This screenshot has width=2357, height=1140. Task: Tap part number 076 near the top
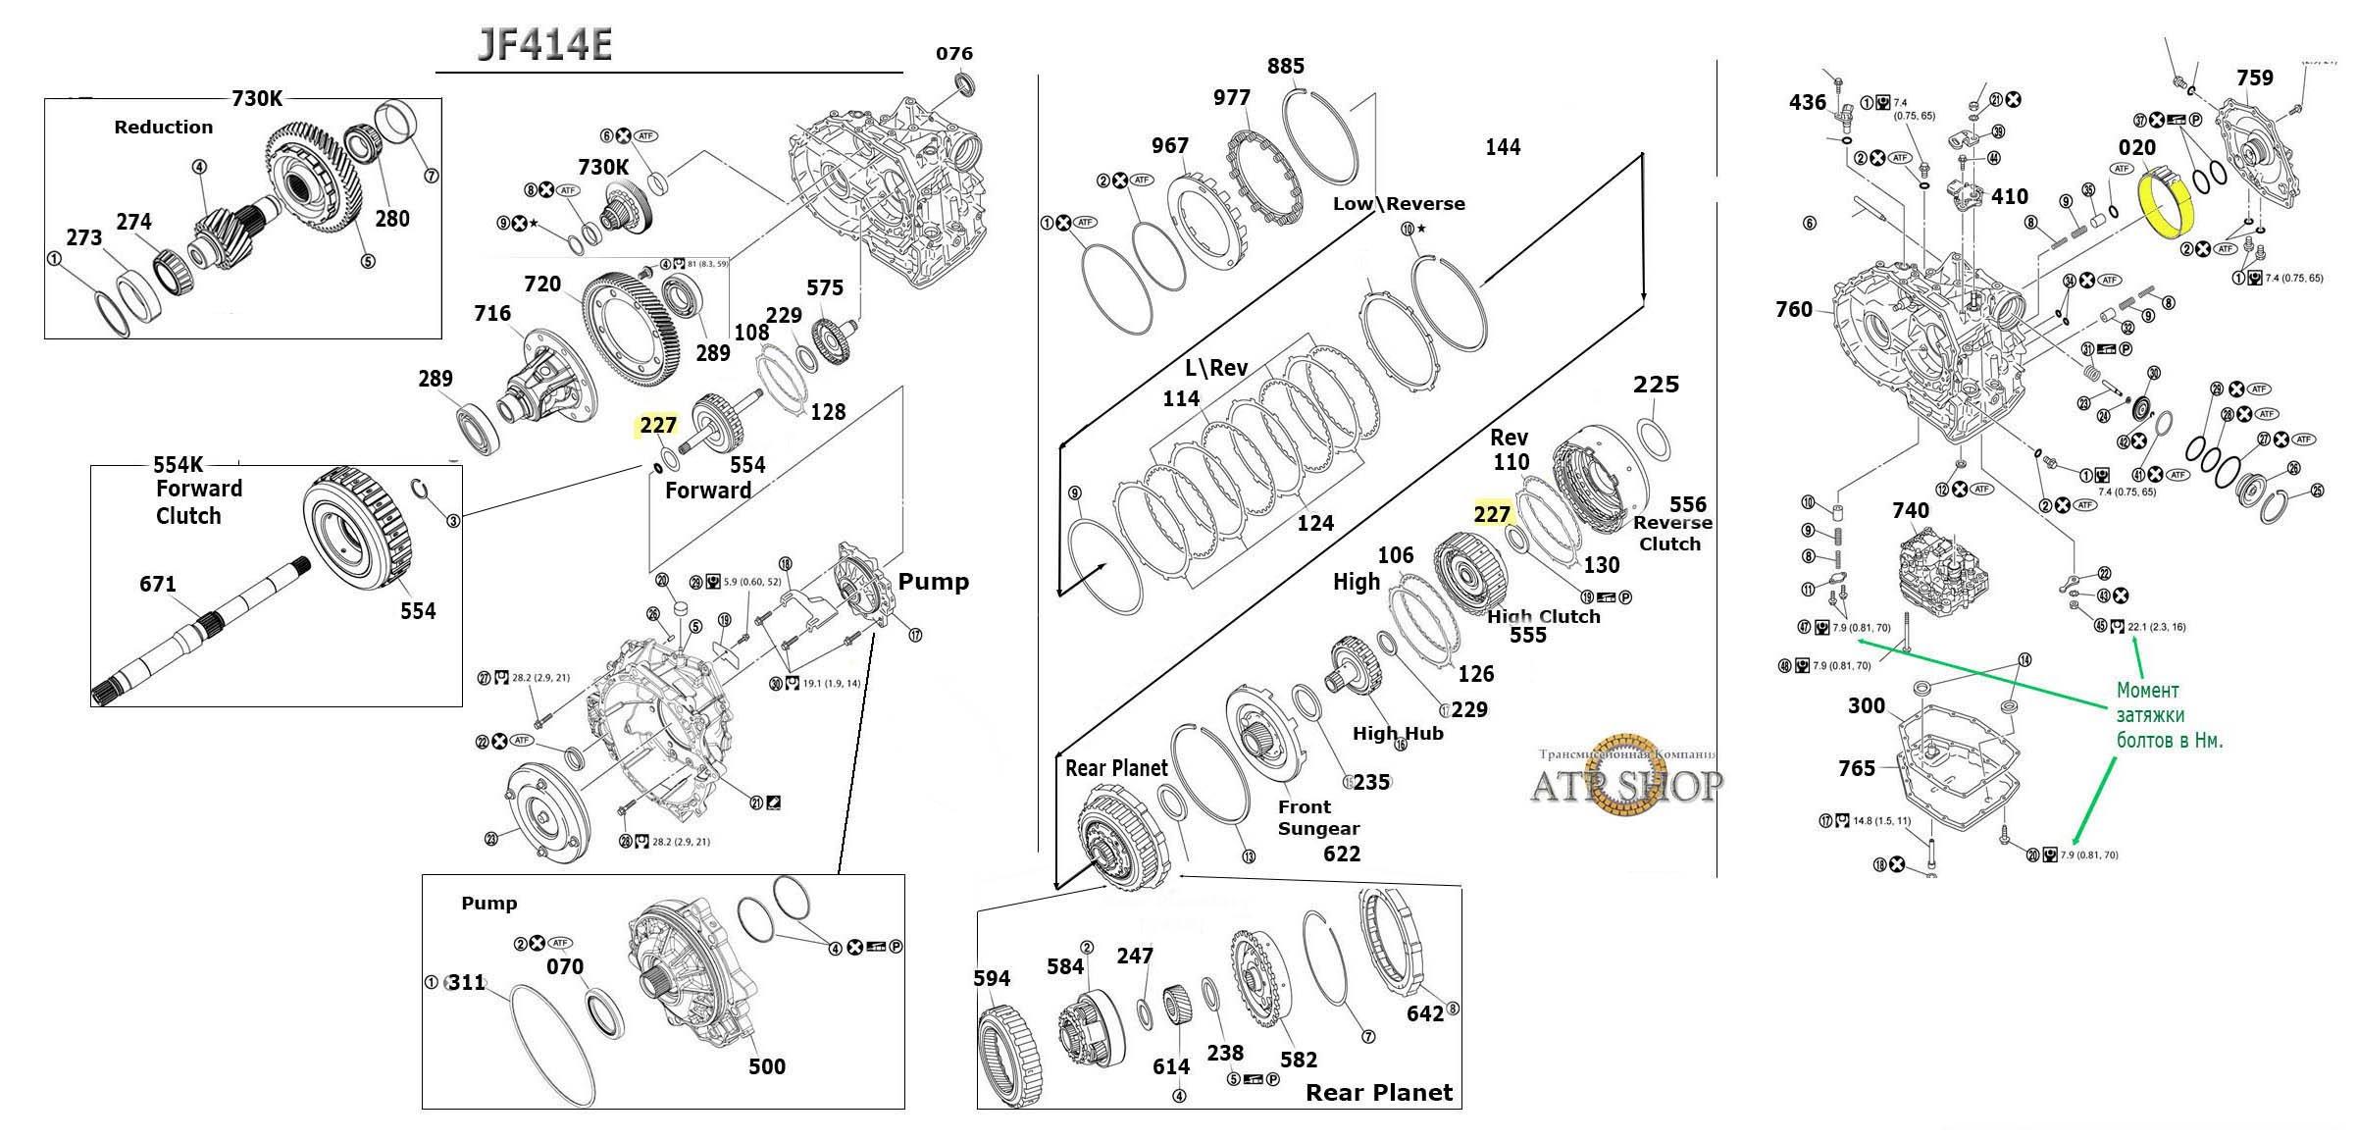(x=953, y=53)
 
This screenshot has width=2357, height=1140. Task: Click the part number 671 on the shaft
(x=157, y=584)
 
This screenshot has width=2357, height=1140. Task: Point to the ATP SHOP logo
(x=1625, y=785)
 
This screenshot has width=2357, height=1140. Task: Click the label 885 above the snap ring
(x=1285, y=66)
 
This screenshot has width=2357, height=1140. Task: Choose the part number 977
(x=1231, y=97)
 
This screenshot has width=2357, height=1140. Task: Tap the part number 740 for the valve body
(x=1911, y=510)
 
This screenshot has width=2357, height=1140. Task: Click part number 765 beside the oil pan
(x=1857, y=768)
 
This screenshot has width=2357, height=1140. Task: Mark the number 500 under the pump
(x=766, y=1066)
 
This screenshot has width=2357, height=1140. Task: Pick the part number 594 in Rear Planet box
(x=992, y=978)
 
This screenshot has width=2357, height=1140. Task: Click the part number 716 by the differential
(x=491, y=313)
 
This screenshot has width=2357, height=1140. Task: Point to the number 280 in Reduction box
(x=391, y=218)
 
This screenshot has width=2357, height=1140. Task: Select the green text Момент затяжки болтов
(x=2169, y=715)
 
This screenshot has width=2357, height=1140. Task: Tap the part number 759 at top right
(x=2254, y=78)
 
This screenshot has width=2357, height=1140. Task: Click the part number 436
(x=1807, y=102)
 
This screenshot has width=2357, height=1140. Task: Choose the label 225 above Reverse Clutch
(x=1656, y=384)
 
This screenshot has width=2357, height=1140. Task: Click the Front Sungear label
(x=1317, y=817)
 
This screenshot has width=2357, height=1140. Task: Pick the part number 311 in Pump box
(x=466, y=982)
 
